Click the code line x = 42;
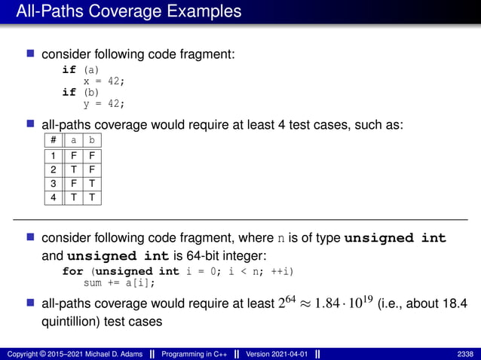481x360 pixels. (x=103, y=81)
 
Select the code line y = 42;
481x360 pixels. (x=103, y=104)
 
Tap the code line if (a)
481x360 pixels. (x=80, y=69)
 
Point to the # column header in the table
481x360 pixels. (x=53, y=140)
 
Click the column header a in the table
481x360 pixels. (x=73, y=140)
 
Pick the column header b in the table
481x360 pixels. (x=91, y=140)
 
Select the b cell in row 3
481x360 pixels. (x=91, y=184)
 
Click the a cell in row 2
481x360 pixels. (x=73, y=170)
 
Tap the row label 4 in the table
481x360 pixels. (x=53, y=197)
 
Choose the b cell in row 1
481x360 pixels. (x=91, y=157)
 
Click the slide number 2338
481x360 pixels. (x=465, y=354)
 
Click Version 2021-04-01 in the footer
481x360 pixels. (x=277, y=354)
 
